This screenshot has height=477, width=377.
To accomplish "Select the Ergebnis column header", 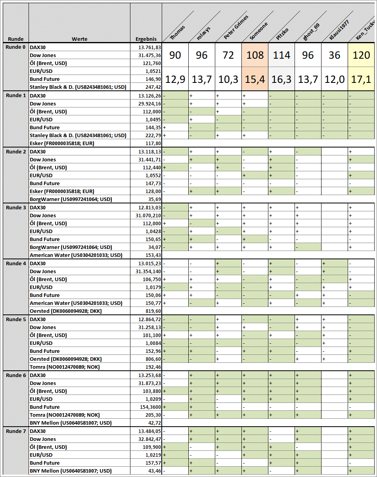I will [146, 39].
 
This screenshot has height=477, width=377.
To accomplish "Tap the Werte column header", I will [79, 39].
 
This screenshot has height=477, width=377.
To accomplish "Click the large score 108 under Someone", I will [255, 55].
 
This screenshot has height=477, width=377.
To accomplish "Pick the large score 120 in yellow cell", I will [361, 55].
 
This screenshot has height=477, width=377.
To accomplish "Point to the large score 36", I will [335, 55].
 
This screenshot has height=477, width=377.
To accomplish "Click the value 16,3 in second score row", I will [281, 79].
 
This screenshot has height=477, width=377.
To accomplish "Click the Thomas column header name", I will [177, 33].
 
